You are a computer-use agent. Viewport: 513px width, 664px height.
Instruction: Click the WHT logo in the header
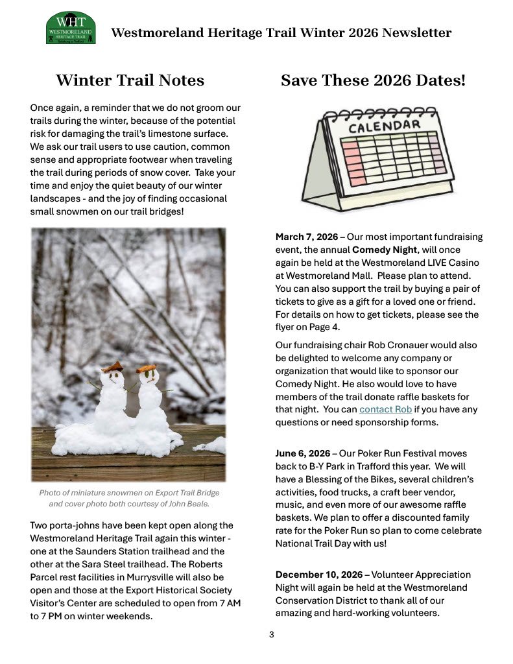(x=71, y=28)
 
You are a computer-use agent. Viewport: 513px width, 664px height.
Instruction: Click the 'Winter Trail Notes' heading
(x=130, y=80)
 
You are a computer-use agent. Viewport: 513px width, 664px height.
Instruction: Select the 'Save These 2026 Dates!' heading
(x=373, y=80)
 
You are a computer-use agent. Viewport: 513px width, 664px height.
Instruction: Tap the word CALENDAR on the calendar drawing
(x=384, y=125)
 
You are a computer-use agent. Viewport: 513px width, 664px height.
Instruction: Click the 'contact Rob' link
(x=385, y=409)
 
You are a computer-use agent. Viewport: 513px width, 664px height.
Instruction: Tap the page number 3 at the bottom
(x=272, y=635)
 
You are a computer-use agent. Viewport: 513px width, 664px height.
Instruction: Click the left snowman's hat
(x=112, y=367)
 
